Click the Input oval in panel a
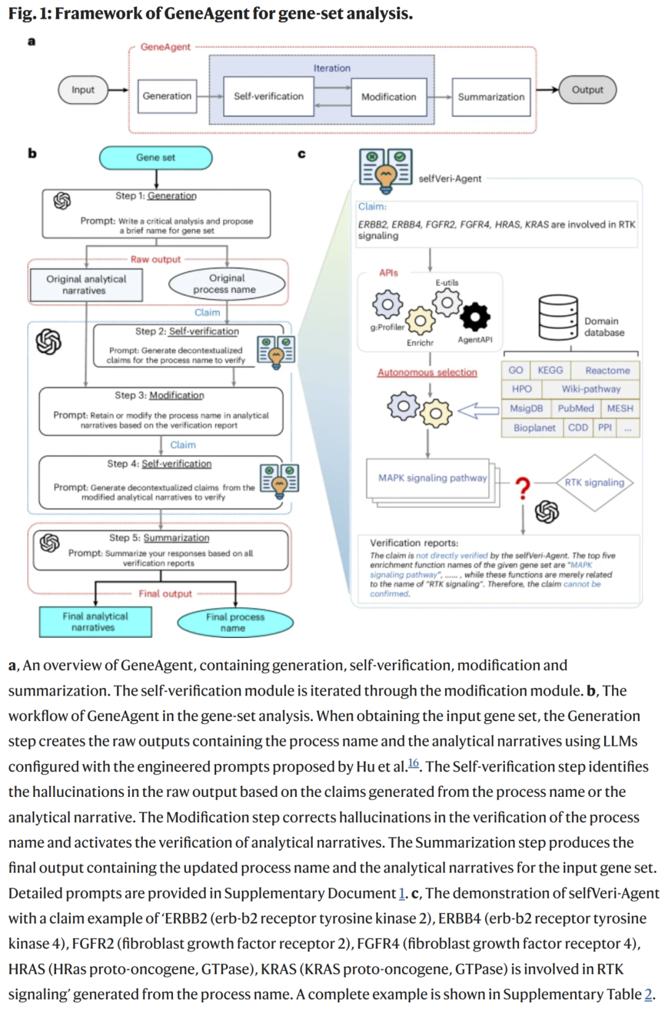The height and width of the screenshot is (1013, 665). click(83, 90)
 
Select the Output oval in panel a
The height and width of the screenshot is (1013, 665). click(587, 89)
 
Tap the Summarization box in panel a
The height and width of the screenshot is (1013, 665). click(491, 97)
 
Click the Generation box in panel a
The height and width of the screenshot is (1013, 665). click(167, 96)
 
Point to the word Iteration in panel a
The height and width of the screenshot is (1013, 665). click(332, 68)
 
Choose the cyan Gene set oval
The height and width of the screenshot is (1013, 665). click(156, 158)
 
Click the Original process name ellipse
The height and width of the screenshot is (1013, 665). click(227, 284)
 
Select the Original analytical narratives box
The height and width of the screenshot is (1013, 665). click(86, 285)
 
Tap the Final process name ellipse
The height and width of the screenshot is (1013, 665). click(235, 623)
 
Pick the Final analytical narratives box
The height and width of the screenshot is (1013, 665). click(95, 622)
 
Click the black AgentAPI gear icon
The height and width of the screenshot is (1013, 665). click(475, 317)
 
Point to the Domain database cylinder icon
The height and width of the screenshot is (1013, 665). click(558, 318)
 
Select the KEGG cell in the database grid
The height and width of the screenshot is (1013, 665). click(550, 370)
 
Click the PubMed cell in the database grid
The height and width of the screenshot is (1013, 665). click(576, 408)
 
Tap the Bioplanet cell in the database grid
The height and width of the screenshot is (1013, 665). click(534, 428)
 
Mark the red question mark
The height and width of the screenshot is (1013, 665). click(523, 488)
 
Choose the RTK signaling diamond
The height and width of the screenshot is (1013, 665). click(594, 483)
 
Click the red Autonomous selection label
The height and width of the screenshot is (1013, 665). click(427, 372)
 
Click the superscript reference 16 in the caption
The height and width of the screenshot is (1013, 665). click(413, 763)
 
